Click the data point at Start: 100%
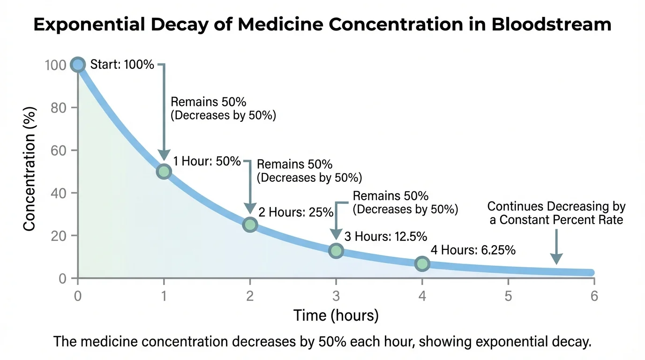click(x=78, y=65)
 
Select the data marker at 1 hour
click(x=164, y=172)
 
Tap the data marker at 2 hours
click(x=250, y=225)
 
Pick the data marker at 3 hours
click(x=336, y=251)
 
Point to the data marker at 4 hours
click(x=422, y=264)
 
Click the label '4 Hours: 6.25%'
click(x=473, y=250)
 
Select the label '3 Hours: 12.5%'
click(x=386, y=237)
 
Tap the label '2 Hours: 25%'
click(x=296, y=212)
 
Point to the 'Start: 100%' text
click(x=122, y=65)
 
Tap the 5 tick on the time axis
click(x=508, y=296)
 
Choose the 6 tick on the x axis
click(x=594, y=296)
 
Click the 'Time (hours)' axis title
click(x=336, y=315)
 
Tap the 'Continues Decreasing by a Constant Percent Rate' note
click(x=556, y=213)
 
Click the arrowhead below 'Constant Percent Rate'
click(x=556, y=259)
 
